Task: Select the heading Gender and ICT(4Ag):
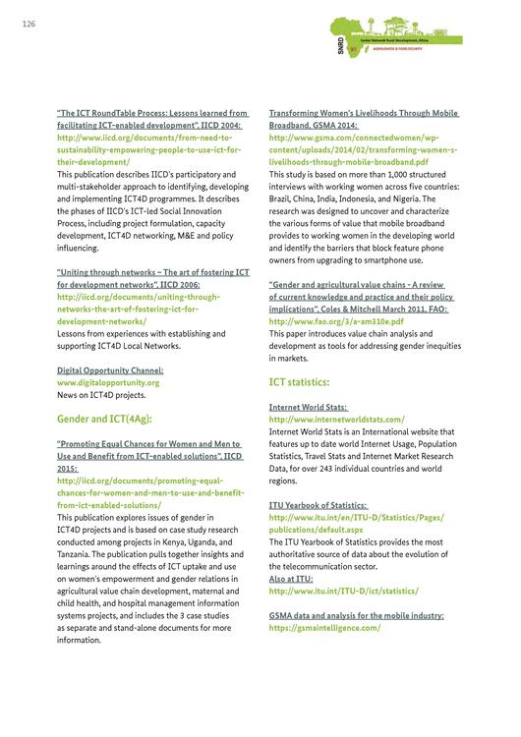click(99, 419)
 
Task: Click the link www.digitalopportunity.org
click(108, 382)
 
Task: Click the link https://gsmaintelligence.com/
click(324, 627)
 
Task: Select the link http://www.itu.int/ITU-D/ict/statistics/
click(344, 591)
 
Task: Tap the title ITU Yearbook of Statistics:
click(319, 505)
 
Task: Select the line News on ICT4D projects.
click(101, 395)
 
